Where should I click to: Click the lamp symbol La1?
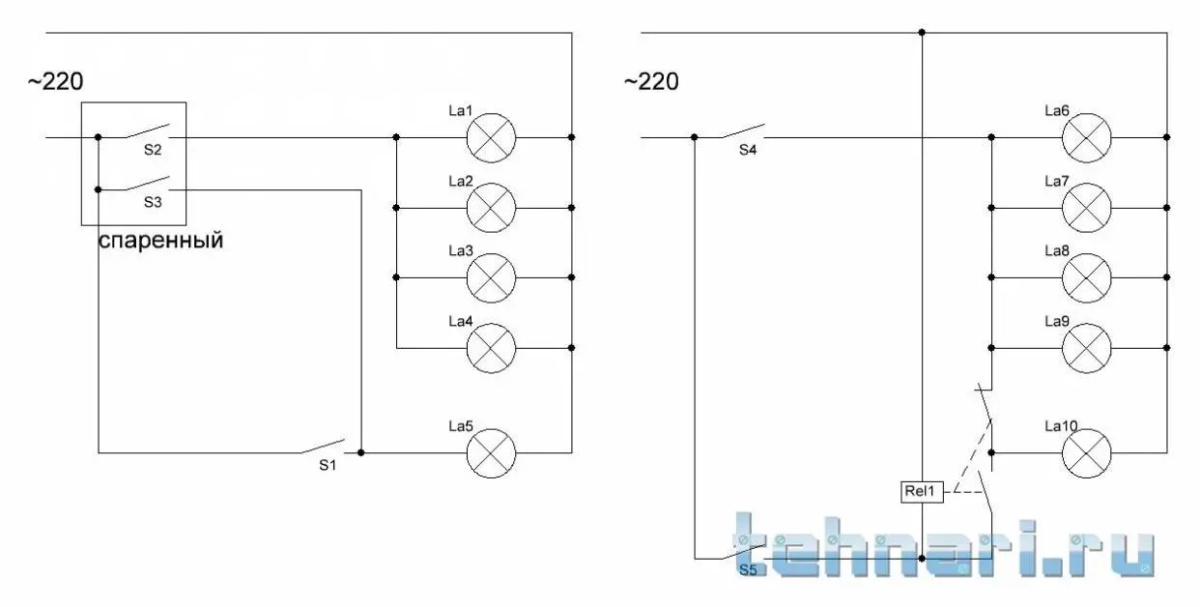(x=491, y=137)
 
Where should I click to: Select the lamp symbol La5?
(x=491, y=453)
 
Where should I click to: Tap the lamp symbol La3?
(x=491, y=278)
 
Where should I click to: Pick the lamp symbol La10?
(x=1087, y=453)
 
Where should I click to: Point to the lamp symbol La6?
(x=1087, y=137)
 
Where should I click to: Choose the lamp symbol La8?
(x=1087, y=278)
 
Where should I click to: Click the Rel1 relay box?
(x=922, y=491)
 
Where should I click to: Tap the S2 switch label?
(x=153, y=150)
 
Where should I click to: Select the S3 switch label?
(x=153, y=203)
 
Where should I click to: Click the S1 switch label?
(x=328, y=466)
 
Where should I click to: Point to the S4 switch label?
(x=748, y=150)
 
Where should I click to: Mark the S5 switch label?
(x=749, y=570)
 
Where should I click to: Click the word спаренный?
(x=160, y=241)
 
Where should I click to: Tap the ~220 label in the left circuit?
(x=56, y=82)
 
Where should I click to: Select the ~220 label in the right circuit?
(x=651, y=82)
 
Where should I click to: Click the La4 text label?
(x=461, y=322)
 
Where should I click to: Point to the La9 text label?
(x=1057, y=322)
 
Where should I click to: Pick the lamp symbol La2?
(x=491, y=208)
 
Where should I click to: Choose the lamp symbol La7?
(x=1087, y=208)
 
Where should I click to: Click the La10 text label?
(x=1061, y=426)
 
